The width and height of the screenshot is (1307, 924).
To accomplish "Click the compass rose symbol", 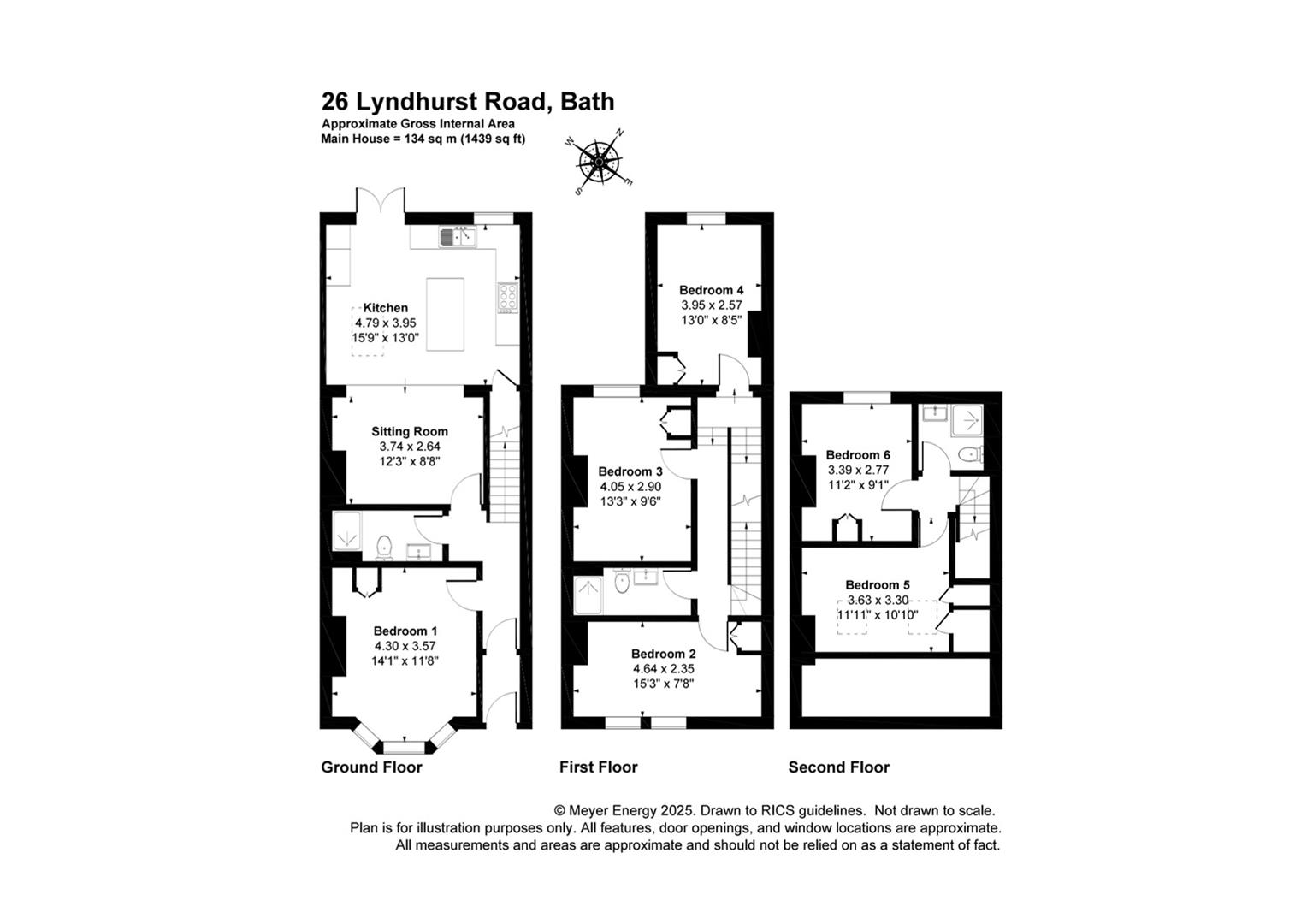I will click(600, 162).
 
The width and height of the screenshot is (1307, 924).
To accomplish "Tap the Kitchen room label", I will click(386, 308).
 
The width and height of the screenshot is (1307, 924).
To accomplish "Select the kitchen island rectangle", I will click(445, 314).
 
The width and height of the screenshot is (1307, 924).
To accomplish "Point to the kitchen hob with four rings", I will click(507, 296).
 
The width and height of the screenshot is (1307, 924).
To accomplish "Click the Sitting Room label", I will click(410, 432).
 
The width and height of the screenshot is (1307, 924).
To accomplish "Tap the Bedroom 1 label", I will click(405, 631).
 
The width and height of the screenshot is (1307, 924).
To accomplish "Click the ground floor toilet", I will click(384, 545).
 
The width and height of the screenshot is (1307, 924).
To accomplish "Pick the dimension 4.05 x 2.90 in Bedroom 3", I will click(630, 486).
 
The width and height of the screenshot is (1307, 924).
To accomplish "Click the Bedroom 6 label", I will click(858, 455).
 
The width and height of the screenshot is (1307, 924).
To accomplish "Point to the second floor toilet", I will click(970, 454).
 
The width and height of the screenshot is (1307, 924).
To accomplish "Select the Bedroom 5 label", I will click(878, 585).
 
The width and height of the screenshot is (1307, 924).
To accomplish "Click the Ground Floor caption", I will click(371, 767).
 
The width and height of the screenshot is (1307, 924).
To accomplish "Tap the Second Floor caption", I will click(838, 767).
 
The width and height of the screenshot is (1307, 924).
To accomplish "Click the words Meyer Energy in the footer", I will click(610, 810).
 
